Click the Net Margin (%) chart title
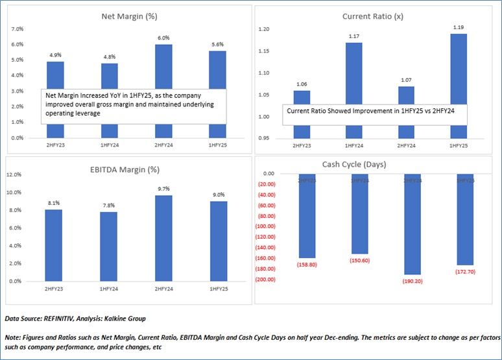coord(127,16)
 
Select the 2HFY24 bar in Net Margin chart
coord(163,65)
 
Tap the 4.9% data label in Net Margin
coord(55,54)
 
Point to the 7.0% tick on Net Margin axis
coord(17,29)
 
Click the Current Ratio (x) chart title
coord(372,16)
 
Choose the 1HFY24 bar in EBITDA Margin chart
coord(109,246)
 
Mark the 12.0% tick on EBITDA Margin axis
coord(15,174)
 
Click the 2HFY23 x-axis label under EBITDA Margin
coord(54,287)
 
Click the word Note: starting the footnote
coord(14,338)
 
